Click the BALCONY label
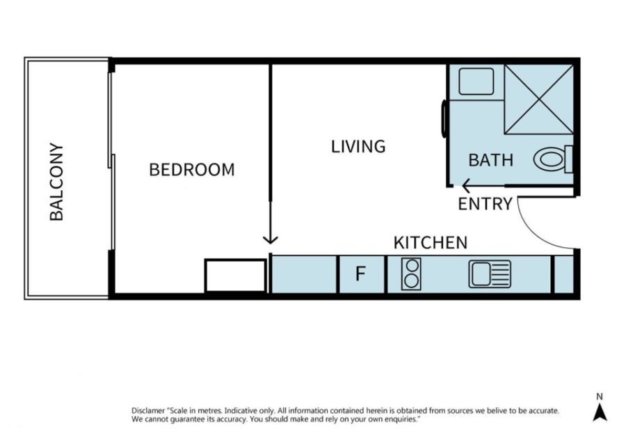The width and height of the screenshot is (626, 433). [x=57, y=182]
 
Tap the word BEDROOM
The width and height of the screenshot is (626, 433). [x=192, y=170]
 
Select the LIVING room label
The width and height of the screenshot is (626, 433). [x=358, y=147]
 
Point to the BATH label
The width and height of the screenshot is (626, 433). [x=490, y=160]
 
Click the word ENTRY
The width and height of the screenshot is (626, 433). [x=485, y=204]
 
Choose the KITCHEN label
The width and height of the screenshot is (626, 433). [x=431, y=243]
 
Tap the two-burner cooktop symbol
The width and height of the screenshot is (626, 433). [x=411, y=274]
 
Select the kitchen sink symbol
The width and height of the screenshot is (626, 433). [x=490, y=274]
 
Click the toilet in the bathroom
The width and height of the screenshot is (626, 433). [x=553, y=159]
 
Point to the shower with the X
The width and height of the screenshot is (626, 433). [x=538, y=99]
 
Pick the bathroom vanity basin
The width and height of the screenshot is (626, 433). [x=476, y=81]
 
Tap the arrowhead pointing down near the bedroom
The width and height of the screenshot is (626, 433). [x=271, y=239]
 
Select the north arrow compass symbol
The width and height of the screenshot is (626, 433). [x=600, y=412]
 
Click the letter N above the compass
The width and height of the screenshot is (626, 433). [x=600, y=397]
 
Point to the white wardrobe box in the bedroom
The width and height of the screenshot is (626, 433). [x=235, y=276]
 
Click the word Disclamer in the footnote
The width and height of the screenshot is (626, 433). [x=147, y=411]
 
